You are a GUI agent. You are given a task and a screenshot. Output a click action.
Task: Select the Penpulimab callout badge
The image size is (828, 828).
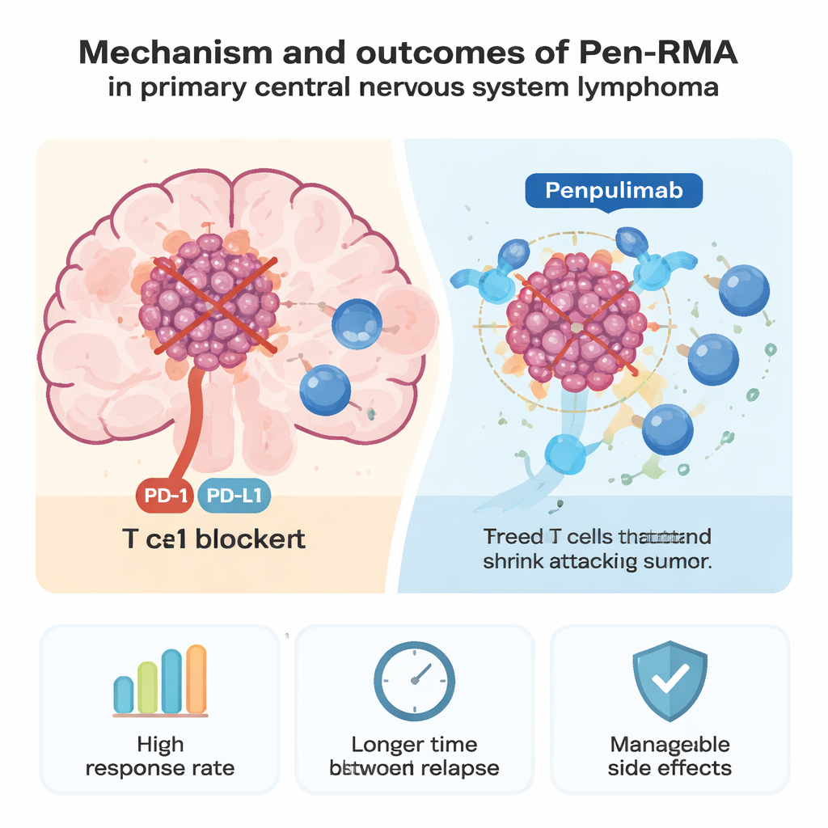614,192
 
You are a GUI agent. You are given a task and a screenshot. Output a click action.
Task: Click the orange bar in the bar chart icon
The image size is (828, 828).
196,679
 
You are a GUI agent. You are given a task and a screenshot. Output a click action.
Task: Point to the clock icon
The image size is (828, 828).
414,680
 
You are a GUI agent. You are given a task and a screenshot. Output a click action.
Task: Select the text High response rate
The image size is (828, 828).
159,755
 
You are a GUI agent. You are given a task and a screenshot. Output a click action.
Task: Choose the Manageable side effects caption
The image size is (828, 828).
670,755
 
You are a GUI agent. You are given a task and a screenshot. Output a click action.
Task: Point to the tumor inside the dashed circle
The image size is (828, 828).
576,324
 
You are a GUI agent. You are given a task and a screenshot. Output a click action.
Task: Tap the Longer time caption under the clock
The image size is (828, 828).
414,755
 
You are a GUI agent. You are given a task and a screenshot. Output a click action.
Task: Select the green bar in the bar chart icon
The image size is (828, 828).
147,687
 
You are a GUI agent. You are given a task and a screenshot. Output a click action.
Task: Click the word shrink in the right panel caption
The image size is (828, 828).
513,563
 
